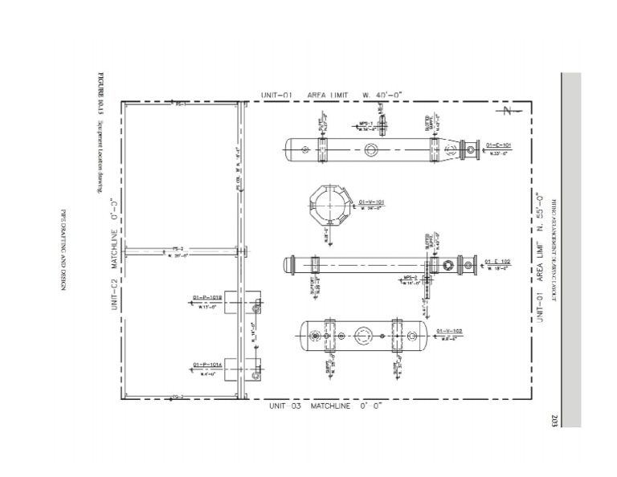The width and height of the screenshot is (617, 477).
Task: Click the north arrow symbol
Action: pyautogui.click(x=507, y=111)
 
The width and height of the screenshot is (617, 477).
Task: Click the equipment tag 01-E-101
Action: pyautogui.click(x=498, y=145)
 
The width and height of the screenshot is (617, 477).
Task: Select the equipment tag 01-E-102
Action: pyautogui.click(x=498, y=261)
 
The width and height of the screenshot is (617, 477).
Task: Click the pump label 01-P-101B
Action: pyautogui.click(x=207, y=297)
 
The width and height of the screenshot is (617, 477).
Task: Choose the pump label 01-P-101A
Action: pyautogui.click(x=207, y=365)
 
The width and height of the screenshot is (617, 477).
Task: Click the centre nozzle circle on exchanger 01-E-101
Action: pyautogui.click(x=371, y=149)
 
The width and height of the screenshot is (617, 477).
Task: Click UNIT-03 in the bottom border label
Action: pyautogui.click(x=285, y=406)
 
